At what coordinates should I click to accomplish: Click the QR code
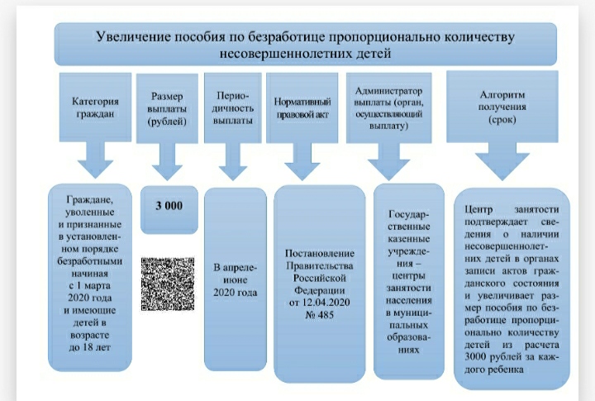(x=168, y=284)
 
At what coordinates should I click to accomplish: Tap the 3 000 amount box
(x=169, y=209)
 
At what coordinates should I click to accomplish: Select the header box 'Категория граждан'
(x=95, y=107)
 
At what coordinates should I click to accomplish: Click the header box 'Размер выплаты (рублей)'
(x=167, y=108)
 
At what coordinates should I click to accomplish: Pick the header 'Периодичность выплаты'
(x=232, y=107)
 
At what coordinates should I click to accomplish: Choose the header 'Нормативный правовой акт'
(x=302, y=107)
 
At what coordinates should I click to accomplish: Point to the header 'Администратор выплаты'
(x=389, y=107)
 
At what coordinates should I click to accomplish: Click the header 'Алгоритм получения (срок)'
(x=502, y=107)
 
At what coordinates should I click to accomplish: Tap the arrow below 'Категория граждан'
(x=95, y=160)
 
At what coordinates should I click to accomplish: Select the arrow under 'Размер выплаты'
(x=167, y=162)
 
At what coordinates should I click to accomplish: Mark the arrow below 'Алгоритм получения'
(x=502, y=161)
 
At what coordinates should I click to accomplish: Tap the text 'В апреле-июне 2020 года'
(x=235, y=279)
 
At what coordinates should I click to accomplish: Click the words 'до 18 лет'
(x=90, y=347)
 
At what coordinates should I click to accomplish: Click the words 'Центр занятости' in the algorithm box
(x=512, y=209)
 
